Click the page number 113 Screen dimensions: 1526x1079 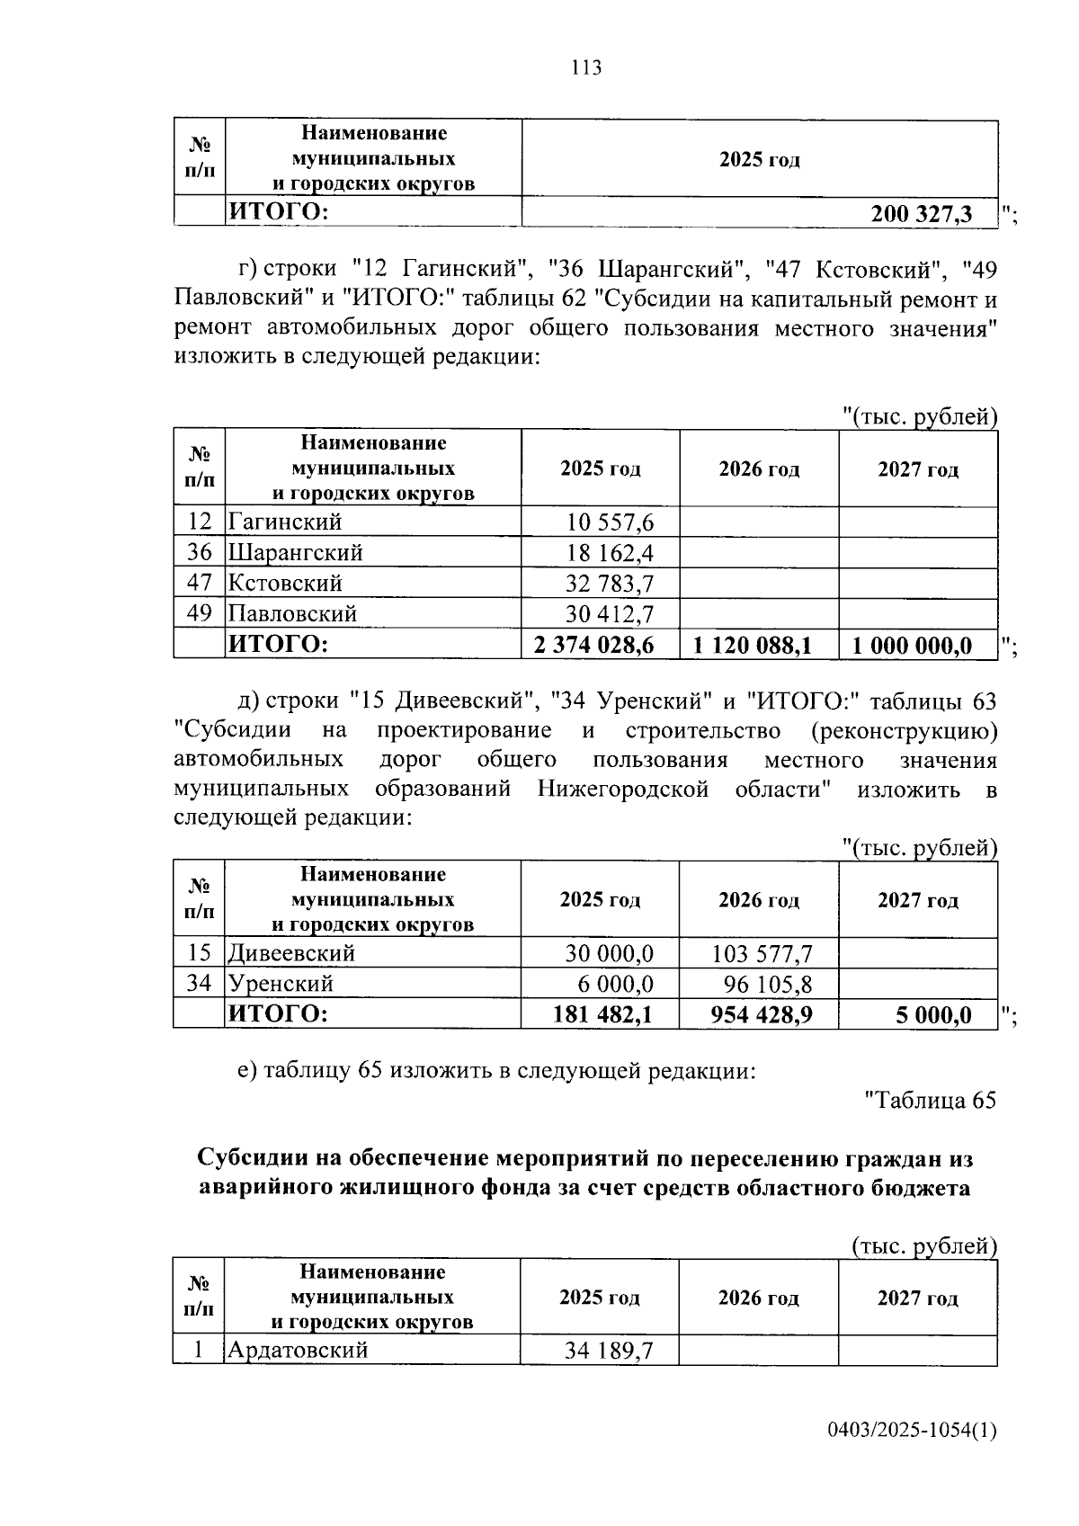point(585,67)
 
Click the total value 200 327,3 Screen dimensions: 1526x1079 point(921,214)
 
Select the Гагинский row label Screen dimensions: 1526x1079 point(285,522)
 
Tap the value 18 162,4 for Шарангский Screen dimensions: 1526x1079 point(610,552)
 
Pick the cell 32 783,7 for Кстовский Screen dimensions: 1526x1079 point(610,584)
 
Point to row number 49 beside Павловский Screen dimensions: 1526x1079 point(199,613)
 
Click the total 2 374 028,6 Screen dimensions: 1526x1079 point(593,645)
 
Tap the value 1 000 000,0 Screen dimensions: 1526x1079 point(912,645)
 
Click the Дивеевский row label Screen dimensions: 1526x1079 point(291,952)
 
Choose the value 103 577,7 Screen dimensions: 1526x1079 point(762,953)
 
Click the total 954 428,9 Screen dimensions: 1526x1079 point(761,1015)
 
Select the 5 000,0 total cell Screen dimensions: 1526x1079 point(932,1015)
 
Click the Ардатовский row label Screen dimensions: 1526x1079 point(298,1350)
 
